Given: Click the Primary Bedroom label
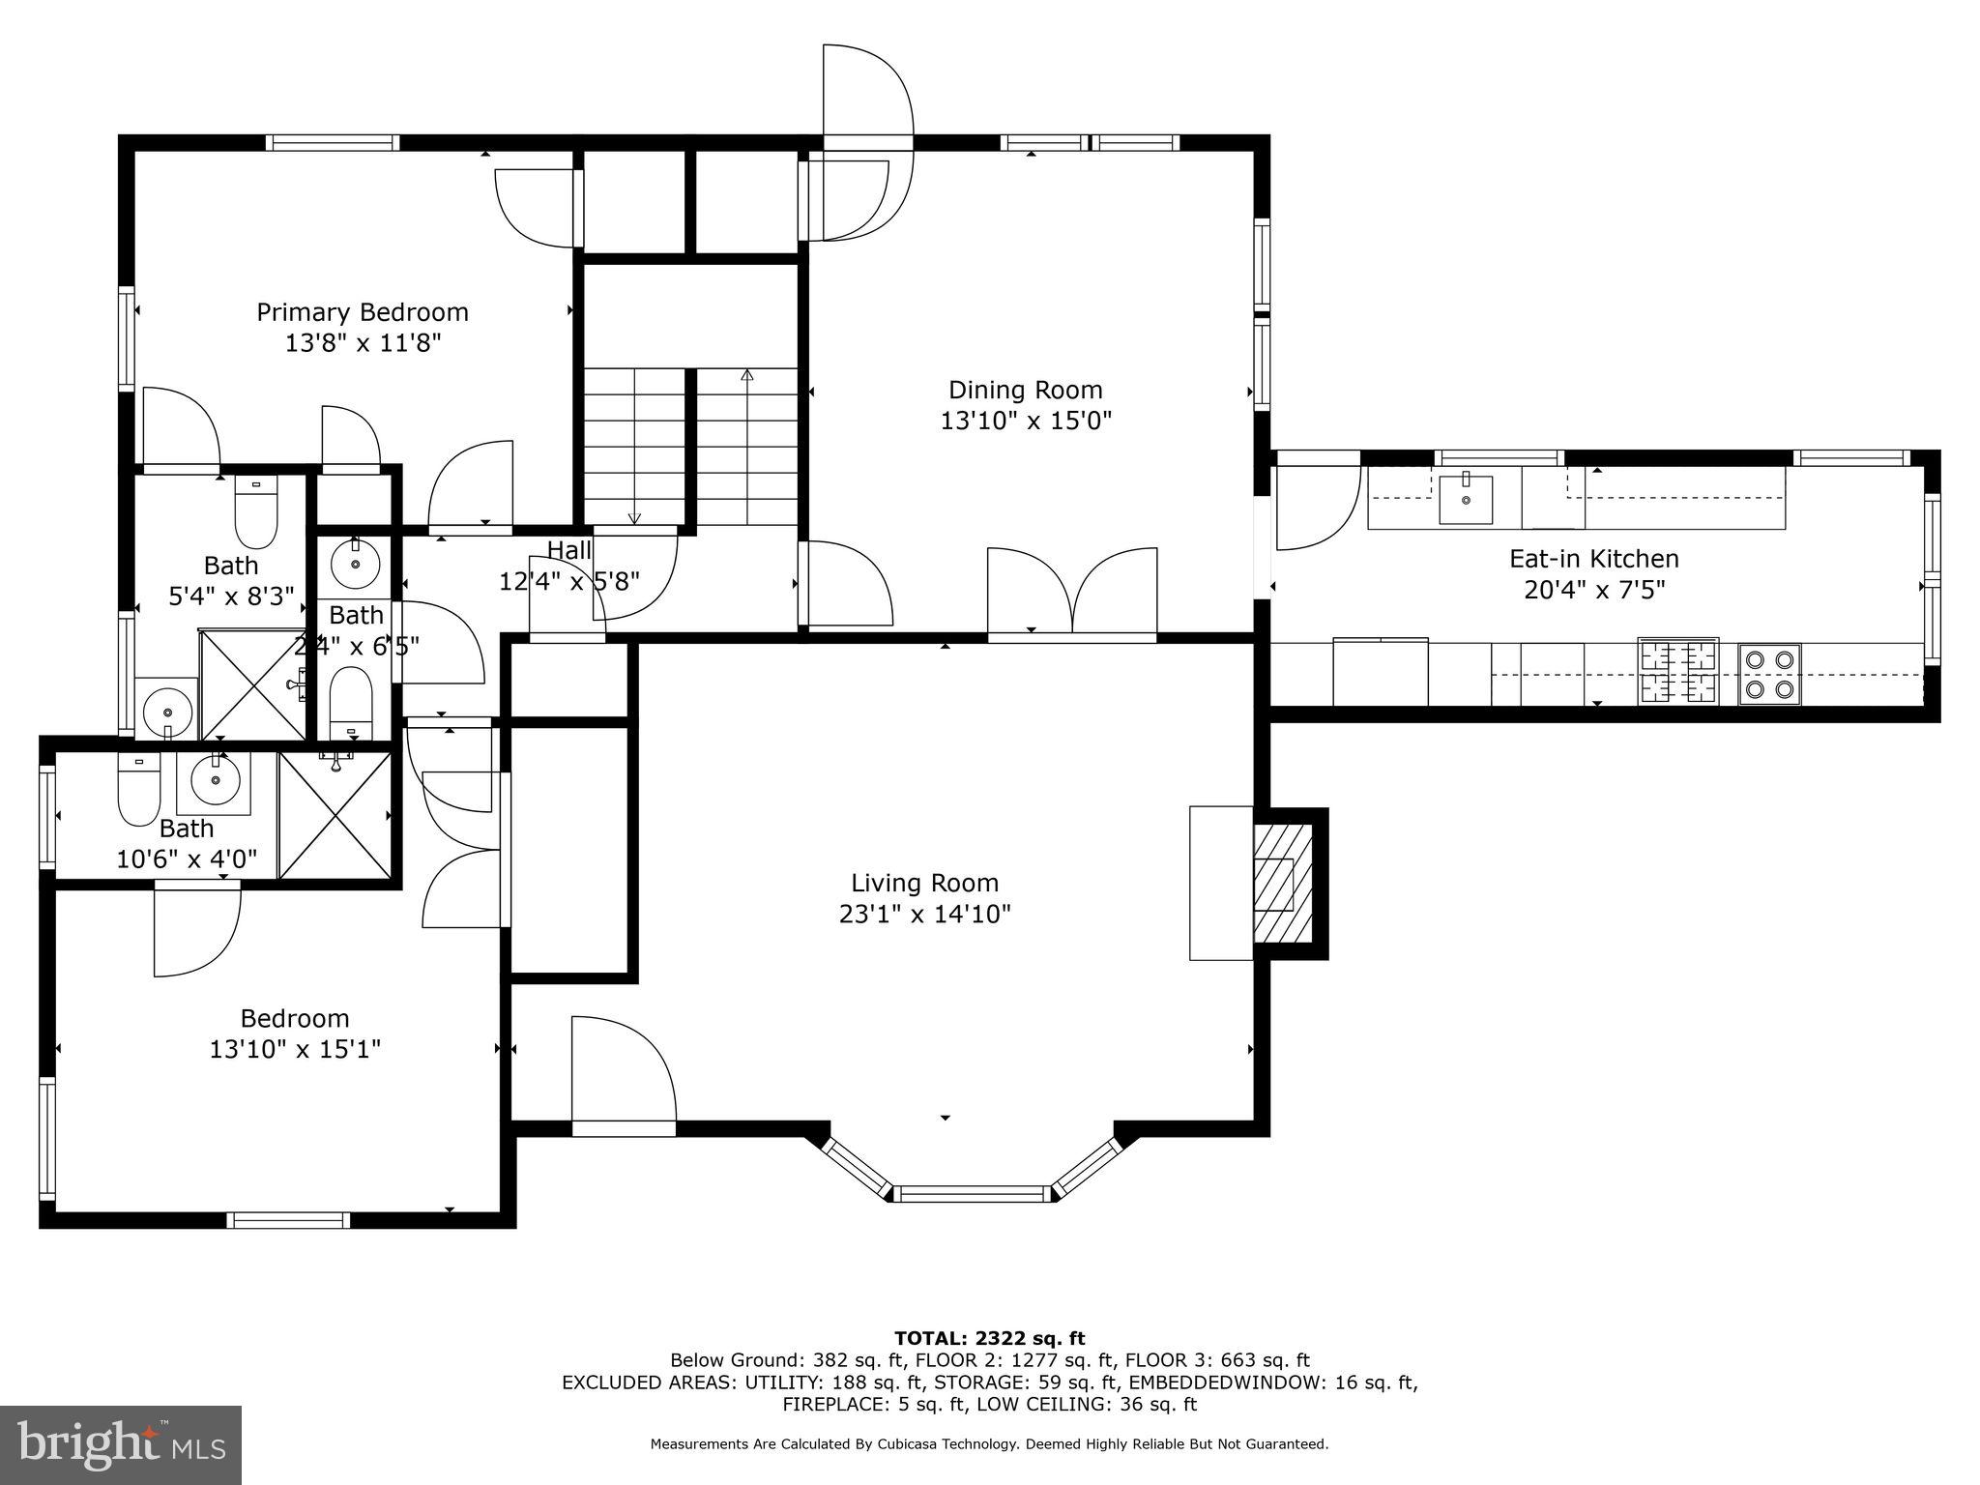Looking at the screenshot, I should pos(363,312).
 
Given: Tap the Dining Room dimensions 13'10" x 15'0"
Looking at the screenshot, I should pos(1026,421).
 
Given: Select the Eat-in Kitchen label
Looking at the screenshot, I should pos(1594,559).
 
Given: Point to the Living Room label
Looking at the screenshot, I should pos(924,883).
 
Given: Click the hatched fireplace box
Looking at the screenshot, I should pos(1281,884).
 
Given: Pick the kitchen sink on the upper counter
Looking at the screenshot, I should pos(1465,500).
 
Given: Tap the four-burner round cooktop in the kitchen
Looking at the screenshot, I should pos(1768,674).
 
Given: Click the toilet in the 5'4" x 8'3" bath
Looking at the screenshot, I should pos(256,513).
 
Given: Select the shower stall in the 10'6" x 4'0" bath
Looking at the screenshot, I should pos(335,815).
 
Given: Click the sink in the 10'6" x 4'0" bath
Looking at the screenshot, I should pos(213,780).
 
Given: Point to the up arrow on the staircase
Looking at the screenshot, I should pos(746,376).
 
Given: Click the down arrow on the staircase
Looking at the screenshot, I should pos(635,517).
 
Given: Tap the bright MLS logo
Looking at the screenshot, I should pos(121,1444).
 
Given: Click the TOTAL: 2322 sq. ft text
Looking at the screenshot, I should pos(989,1338).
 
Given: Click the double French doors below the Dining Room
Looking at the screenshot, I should pos(1071,592).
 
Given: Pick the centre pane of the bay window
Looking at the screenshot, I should pos(970,1193).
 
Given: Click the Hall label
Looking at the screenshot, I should pos(568,550).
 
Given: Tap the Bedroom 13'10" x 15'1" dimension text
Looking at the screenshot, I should pos(295,1049).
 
